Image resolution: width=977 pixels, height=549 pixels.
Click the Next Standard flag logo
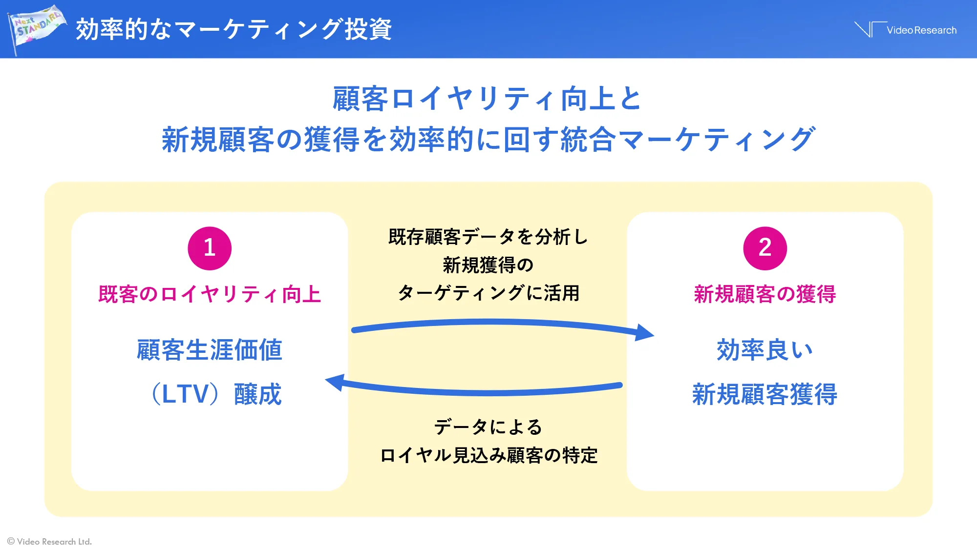pos(36,28)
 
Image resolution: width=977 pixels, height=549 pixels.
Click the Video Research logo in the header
pos(906,30)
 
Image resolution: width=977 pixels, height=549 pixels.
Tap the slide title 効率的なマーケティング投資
pos(234,29)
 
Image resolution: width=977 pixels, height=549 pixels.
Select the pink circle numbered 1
pos(210,248)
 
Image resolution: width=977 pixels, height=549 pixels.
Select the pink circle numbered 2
pos(765,248)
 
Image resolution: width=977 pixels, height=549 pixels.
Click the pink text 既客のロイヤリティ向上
pos(210,294)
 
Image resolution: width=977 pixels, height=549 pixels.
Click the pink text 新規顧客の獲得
pos(765,294)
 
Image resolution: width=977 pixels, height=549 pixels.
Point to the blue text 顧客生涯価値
pos(210,350)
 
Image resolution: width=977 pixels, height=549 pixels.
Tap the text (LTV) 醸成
pos(216,394)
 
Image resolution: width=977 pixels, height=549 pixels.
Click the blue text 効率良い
pos(765,350)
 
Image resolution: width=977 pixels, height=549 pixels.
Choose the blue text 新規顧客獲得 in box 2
pos(765,394)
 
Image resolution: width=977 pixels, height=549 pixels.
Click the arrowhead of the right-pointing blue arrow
pos(645,333)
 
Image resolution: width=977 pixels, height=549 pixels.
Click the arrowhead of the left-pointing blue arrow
pos(335,382)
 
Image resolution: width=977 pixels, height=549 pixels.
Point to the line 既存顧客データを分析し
pos(488,237)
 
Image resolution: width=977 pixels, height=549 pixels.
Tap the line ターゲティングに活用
pos(488,293)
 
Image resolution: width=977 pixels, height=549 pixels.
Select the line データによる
pos(488,427)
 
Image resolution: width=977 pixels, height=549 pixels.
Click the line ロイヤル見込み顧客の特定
pos(488,455)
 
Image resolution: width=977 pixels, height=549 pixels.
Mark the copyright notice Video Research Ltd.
pos(50,541)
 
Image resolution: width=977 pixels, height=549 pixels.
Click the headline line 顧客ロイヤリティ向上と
pos(487,99)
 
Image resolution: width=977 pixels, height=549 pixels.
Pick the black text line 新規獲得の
pos(488,265)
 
